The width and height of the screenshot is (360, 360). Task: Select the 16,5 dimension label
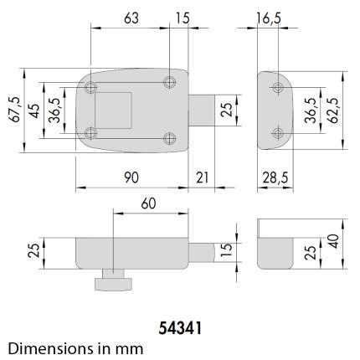(x=268, y=18)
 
